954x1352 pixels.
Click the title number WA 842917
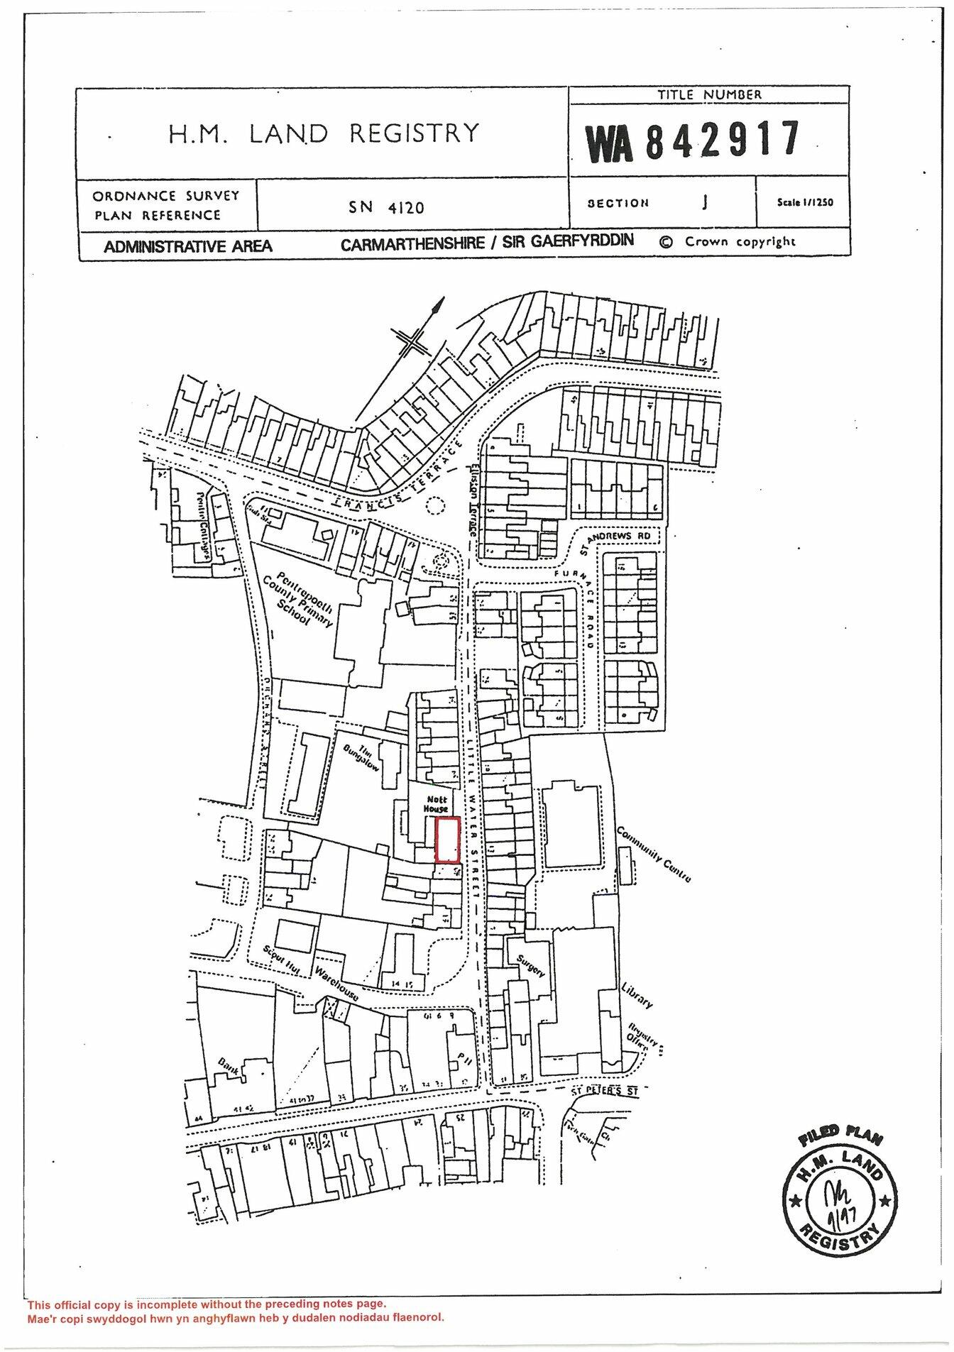(693, 140)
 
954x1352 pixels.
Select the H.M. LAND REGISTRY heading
(324, 133)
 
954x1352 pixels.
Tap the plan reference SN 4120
(386, 207)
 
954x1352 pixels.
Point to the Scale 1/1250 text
(805, 202)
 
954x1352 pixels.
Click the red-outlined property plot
(447, 840)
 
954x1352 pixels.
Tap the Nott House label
(436, 803)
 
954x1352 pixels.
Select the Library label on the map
(636, 995)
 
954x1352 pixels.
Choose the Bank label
(230, 1067)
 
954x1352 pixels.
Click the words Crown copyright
(740, 241)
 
